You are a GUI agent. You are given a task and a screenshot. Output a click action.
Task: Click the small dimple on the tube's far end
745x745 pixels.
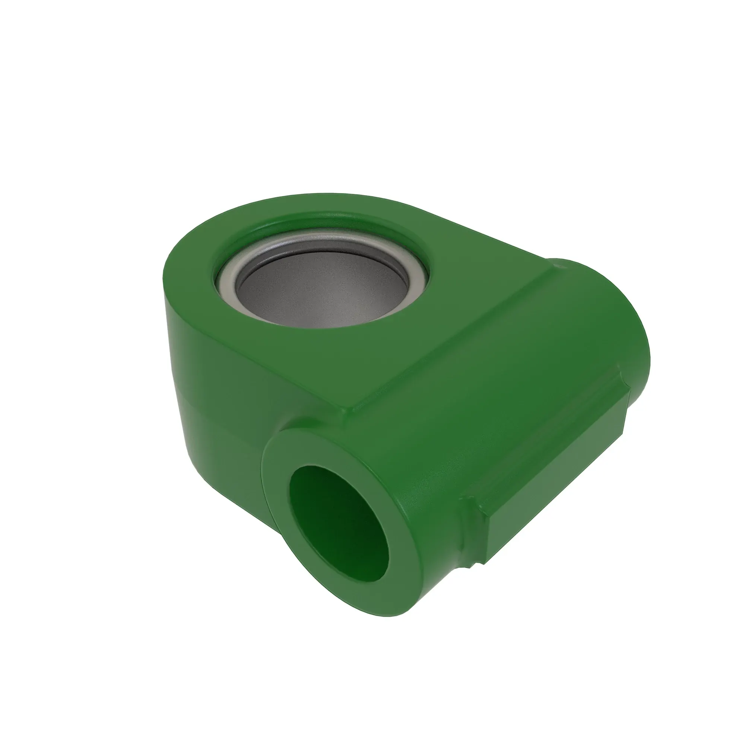tap(560, 265)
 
